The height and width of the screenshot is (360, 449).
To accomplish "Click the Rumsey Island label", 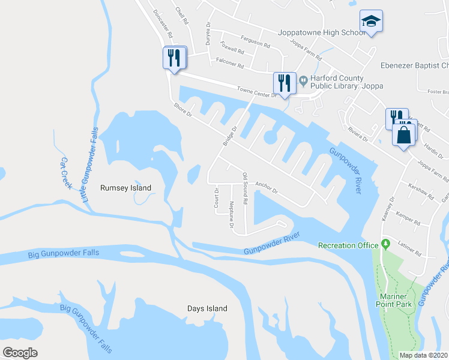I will pos(125,188).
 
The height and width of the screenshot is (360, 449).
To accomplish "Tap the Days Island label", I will pos(206,308).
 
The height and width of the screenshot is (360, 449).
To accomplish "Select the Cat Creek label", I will pos(65,173).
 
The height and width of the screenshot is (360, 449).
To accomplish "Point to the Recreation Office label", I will pos(348,245).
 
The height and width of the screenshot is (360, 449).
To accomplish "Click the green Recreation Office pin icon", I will pos(386,244).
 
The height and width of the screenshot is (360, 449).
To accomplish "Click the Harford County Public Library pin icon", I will pos(303,79).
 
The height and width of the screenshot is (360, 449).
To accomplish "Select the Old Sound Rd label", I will pos(244,188).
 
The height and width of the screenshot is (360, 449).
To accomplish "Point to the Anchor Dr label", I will pos(266,187).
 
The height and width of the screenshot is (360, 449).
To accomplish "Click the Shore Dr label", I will pos(182,109).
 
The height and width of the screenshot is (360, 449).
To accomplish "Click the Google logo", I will pos(20,352).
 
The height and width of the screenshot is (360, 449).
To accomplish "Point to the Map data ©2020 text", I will pos(423,355).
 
